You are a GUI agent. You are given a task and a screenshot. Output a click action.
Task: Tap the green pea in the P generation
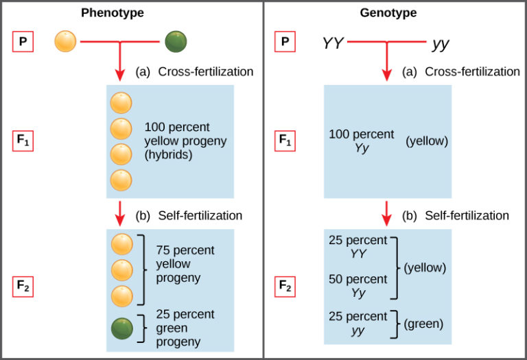pyautogui.click(x=176, y=42)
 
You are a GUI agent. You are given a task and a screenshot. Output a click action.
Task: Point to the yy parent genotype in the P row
pyautogui.click(x=441, y=45)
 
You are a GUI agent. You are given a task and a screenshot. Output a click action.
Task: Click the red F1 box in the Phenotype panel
pyautogui.click(x=23, y=142)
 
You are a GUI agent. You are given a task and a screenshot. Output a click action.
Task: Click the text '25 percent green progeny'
pyautogui.click(x=185, y=328)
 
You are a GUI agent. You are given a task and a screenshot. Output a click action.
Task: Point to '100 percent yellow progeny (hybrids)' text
pyautogui.click(x=185, y=141)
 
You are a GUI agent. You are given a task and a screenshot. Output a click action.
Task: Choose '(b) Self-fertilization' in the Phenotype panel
pyautogui.click(x=189, y=215)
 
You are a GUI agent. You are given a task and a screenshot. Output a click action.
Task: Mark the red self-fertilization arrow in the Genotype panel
pyautogui.click(x=387, y=213)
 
